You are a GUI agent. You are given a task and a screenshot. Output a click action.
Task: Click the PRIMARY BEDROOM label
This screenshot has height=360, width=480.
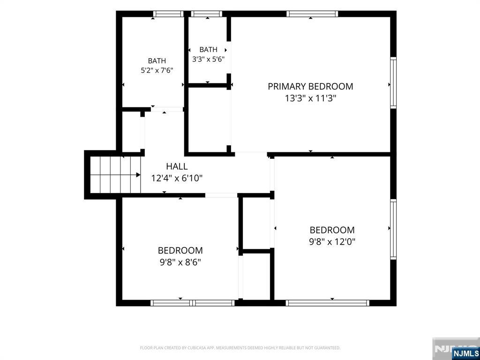310,86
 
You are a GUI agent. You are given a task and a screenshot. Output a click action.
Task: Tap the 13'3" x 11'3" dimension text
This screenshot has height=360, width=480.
311,98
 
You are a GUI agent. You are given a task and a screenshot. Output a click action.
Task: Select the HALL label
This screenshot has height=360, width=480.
177,166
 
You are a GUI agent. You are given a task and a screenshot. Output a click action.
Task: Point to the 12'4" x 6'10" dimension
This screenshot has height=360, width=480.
177,178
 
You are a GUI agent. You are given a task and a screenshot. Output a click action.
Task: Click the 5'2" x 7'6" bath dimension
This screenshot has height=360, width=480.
157,70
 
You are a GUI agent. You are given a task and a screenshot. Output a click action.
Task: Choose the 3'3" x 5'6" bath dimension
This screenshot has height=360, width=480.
209,59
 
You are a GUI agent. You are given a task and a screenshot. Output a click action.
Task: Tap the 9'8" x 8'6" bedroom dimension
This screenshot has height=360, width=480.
180,262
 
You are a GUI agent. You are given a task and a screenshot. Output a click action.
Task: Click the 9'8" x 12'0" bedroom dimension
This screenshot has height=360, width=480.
332,242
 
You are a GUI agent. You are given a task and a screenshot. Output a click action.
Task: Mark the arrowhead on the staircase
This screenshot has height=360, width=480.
138,175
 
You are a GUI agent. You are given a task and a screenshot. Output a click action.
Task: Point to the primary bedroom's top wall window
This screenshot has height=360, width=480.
312,14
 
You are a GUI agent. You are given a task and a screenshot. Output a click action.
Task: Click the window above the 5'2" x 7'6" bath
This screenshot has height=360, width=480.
168,14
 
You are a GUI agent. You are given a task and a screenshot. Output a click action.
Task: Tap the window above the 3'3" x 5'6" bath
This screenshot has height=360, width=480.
207,14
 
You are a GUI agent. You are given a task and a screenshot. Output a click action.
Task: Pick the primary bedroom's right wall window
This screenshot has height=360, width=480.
393,82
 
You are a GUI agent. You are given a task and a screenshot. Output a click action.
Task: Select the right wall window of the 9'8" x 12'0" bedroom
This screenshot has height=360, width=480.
393,230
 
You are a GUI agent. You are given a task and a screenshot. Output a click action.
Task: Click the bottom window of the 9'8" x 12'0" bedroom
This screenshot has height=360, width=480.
328,303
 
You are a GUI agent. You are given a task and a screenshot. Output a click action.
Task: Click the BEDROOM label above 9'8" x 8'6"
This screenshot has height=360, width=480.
180,250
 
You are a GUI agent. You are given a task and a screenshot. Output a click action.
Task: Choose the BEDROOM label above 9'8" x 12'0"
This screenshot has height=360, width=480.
332,230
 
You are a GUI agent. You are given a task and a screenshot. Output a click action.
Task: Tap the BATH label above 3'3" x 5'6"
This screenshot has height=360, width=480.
209,50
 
